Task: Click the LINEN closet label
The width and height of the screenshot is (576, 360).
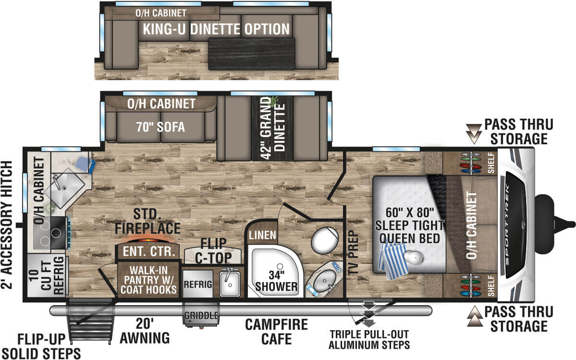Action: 262,236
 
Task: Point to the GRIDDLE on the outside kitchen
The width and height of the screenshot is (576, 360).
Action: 201,316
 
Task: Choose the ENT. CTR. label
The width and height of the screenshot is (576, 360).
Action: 148,251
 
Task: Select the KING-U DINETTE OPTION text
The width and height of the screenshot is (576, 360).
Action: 216,29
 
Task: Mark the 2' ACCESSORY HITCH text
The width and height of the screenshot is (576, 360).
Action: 7,225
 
